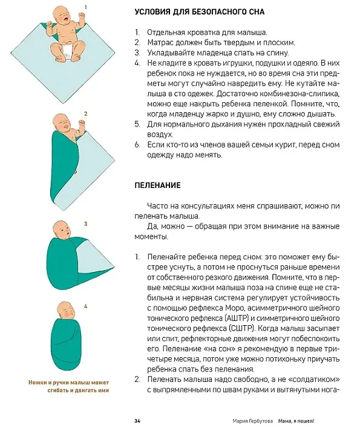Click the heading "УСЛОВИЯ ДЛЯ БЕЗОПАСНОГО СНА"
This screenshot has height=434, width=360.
200,12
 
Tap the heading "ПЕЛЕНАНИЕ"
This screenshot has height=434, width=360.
157,185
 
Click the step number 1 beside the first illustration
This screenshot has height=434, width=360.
86,7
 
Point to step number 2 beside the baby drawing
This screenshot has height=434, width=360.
86,114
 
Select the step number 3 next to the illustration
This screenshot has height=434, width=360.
86,224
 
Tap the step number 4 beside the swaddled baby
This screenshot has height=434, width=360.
86,306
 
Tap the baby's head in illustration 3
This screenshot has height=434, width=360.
63,230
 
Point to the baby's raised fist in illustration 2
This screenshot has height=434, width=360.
82,122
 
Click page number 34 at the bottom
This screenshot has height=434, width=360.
137,421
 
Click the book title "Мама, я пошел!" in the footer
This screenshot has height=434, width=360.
296,421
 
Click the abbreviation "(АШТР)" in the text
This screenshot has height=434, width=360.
237,319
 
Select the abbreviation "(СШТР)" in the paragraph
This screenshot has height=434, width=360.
241,329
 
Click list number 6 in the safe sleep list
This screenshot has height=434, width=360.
137,144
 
